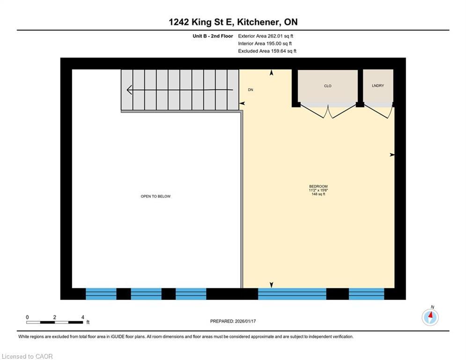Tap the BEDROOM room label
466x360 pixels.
coord(318,187)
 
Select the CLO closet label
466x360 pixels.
coord(327,86)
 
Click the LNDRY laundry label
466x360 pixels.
coord(377,86)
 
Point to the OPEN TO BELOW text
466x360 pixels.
coord(155,196)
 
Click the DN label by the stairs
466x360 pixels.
coord(251,90)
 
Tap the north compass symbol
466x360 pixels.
coord(430,317)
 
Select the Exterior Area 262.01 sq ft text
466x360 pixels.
coord(266,36)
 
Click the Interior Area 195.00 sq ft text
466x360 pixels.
coord(265,43)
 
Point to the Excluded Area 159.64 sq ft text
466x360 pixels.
coord(267,51)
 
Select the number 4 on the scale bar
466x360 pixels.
coord(82,317)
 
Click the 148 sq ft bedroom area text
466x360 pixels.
coord(318,194)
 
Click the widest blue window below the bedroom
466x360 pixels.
coord(292,294)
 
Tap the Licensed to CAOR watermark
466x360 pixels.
coord(27,356)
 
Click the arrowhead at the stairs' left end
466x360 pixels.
coord(129,90)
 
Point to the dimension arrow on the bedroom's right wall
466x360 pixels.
coord(392,155)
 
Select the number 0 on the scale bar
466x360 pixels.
coord(28,317)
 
